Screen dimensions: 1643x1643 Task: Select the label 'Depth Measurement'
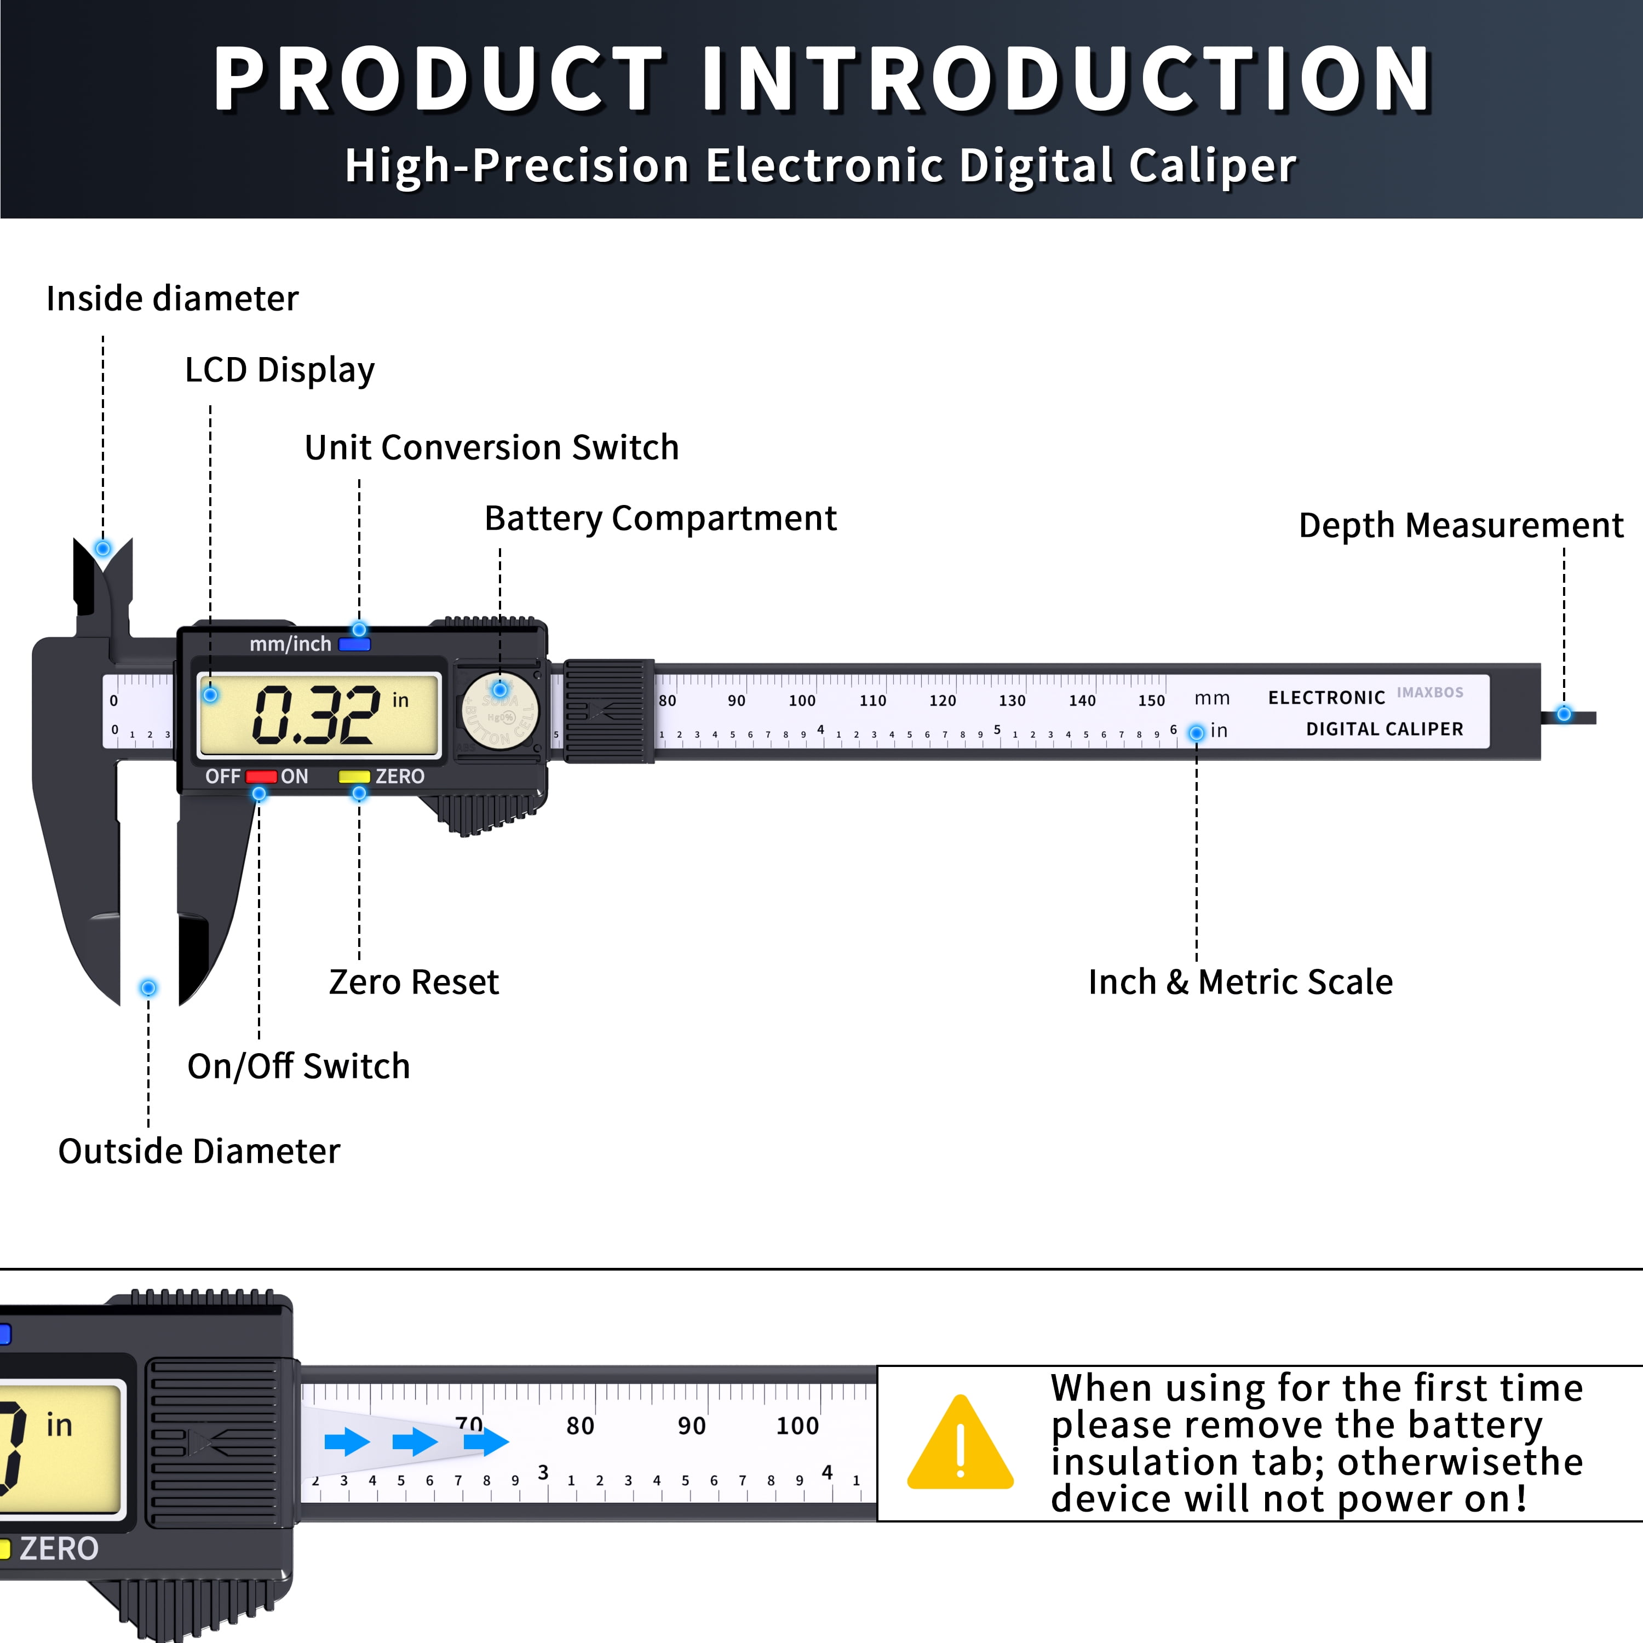click(x=1460, y=526)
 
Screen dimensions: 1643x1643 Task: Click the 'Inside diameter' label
click(x=173, y=298)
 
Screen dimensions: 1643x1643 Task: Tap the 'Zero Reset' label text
click(x=413, y=982)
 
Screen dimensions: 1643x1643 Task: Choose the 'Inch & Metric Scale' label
click(x=1240, y=982)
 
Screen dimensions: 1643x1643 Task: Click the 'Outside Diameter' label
click(x=199, y=1151)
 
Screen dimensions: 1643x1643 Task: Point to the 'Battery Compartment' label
click(x=660, y=519)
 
